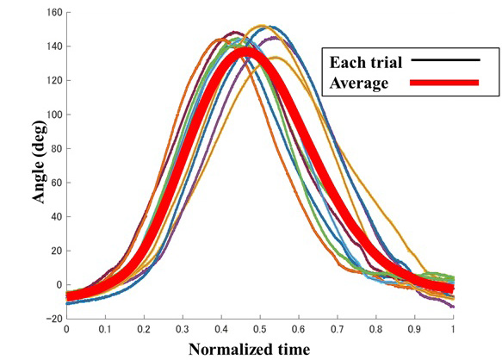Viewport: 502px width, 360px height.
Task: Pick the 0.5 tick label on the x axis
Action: (x=259, y=329)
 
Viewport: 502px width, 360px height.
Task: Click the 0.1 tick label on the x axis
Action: (x=105, y=329)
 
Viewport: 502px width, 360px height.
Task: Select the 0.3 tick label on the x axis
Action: (x=183, y=329)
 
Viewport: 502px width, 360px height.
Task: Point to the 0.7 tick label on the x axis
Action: (x=337, y=329)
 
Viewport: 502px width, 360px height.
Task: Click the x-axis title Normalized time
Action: (x=249, y=348)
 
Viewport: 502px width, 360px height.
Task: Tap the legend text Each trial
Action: (x=365, y=61)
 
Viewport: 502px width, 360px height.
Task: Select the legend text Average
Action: (x=359, y=84)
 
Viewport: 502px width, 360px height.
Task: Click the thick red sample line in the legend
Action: (x=444, y=84)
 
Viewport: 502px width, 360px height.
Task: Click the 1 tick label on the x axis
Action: (x=453, y=329)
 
